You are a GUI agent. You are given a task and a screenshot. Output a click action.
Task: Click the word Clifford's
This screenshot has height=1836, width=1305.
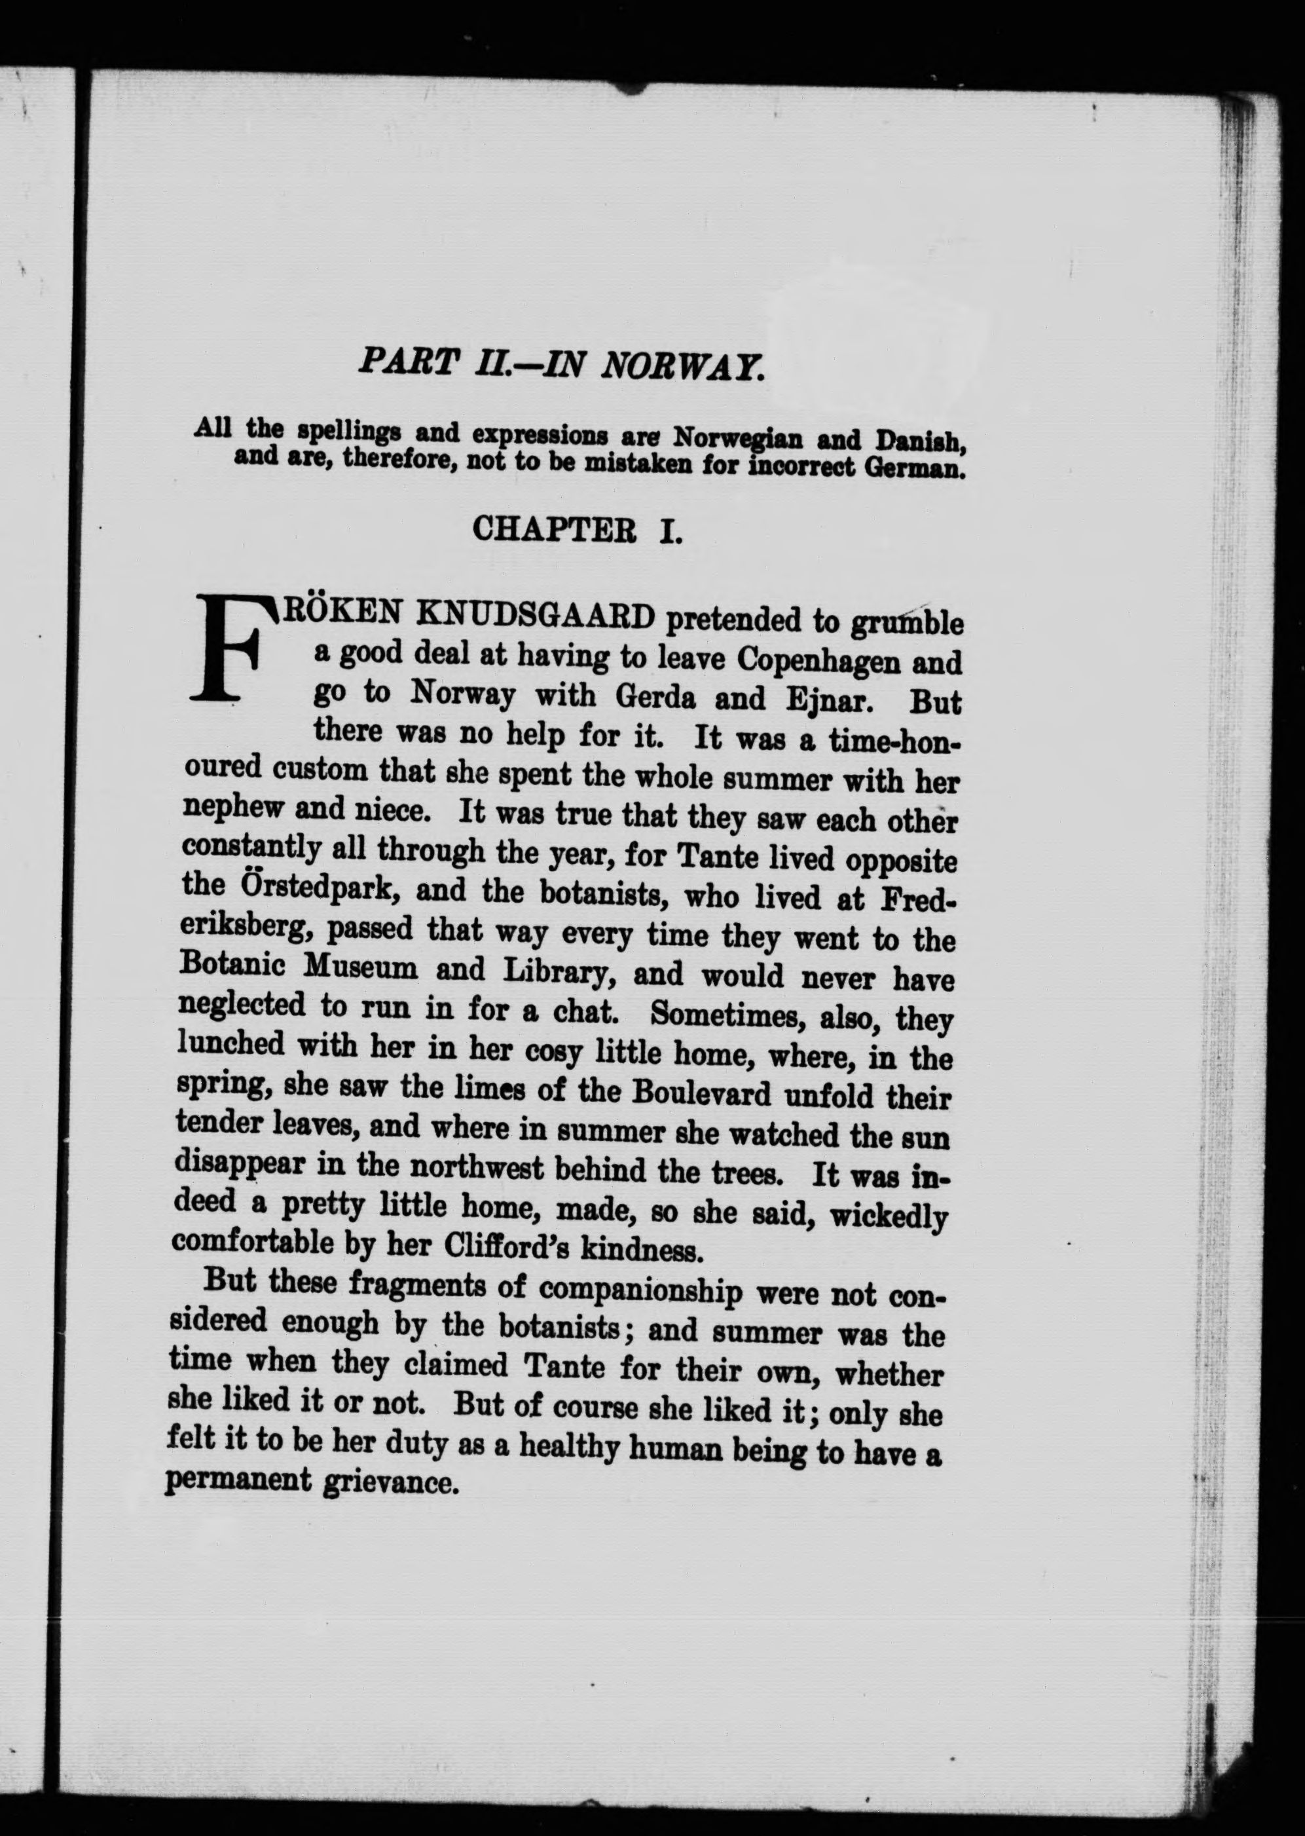click(x=503, y=1245)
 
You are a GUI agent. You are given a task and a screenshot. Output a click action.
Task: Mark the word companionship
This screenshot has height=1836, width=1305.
click(x=640, y=1288)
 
